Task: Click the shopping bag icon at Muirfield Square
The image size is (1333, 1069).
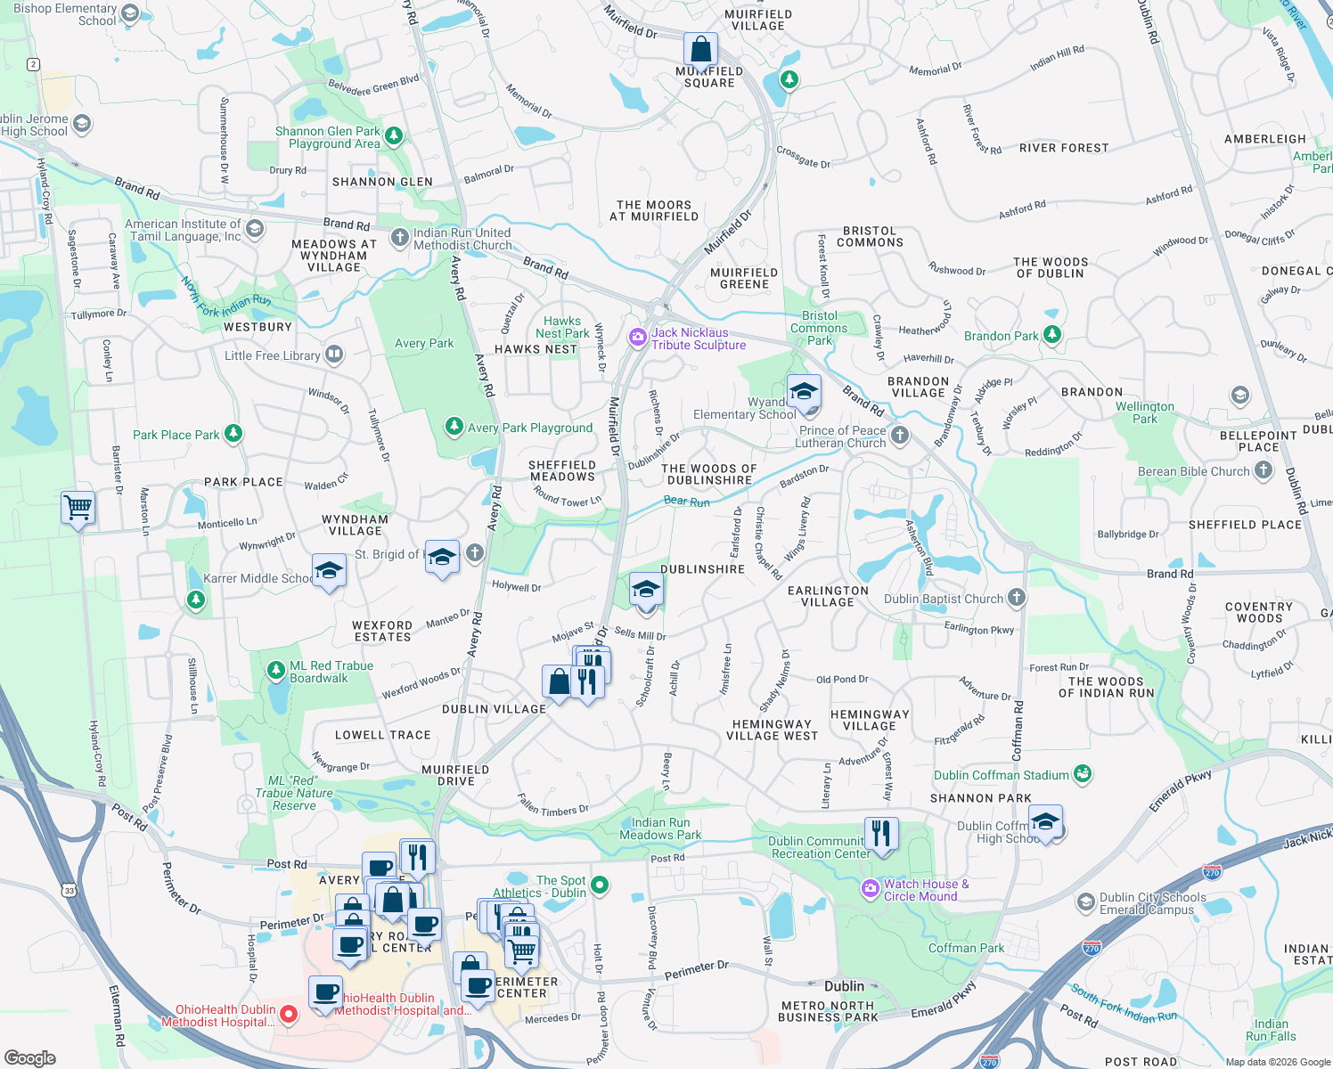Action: point(700,50)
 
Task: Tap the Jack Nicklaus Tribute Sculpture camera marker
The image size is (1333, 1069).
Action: point(637,338)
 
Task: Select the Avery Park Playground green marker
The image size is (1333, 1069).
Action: point(454,427)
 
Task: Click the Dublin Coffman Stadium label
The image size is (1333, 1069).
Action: point(1001,775)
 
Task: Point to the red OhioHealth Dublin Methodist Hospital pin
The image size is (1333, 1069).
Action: point(289,1014)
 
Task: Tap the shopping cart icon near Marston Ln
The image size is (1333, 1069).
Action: point(78,508)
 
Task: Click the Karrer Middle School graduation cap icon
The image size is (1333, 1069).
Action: point(328,570)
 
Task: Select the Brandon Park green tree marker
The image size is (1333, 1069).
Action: point(1052,335)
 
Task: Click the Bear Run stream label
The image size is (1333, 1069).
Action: point(686,502)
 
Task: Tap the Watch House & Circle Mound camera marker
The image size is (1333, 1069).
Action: point(870,888)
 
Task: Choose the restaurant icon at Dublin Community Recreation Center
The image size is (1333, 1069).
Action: point(880,834)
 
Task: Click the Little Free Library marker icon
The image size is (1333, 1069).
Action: point(334,355)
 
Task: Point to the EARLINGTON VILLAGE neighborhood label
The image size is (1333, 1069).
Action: point(827,596)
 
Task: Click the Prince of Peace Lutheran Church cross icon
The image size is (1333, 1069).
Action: point(900,435)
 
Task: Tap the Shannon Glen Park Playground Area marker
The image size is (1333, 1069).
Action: point(394,136)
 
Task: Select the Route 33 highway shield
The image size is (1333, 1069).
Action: point(70,890)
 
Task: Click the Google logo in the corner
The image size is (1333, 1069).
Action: point(30,1057)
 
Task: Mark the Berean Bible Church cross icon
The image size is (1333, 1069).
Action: point(1263,470)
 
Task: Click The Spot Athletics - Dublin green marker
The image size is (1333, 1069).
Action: point(600,885)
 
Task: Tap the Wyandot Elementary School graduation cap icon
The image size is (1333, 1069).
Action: point(803,392)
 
